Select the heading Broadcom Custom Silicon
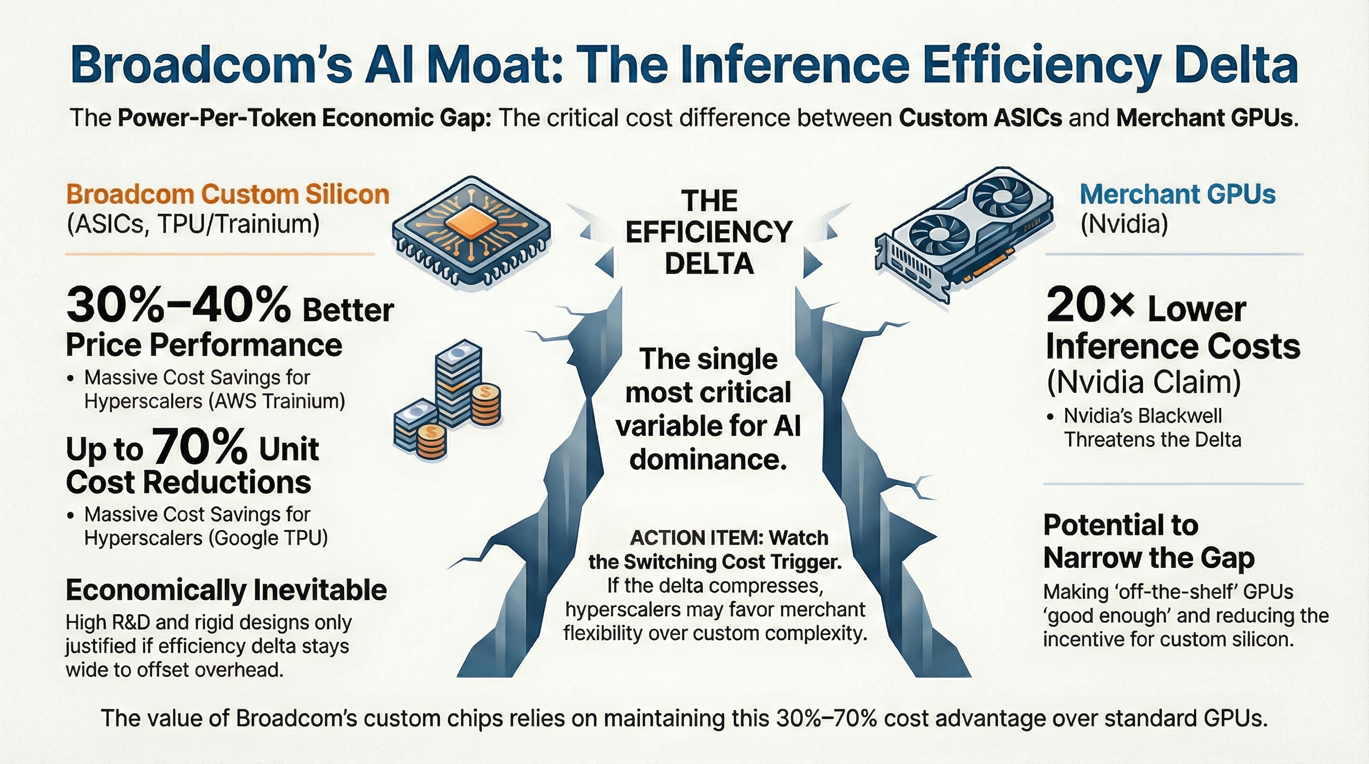(228, 195)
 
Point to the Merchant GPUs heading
(1177, 195)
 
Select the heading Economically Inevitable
(226, 590)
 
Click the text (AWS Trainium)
(277, 401)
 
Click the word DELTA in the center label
(709, 264)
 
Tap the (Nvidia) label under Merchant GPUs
(1124, 225)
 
